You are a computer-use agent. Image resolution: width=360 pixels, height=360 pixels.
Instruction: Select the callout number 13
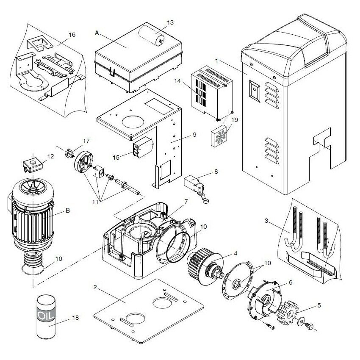pyautogui.click(x=170, y=22)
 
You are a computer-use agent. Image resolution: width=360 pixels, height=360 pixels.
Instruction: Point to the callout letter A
pyautogui.click(x=97, y=33)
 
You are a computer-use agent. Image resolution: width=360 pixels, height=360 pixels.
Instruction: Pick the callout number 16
pyautogui.click(x=72, y=35)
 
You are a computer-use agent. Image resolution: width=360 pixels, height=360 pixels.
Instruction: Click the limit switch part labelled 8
pyautogui.click(x=195, y=183)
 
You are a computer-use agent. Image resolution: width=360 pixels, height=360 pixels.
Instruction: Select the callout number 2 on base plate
pyautogui.click(x=95, y=288)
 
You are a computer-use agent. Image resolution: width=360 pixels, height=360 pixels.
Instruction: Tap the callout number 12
pyautogui.click(x=50, y=156)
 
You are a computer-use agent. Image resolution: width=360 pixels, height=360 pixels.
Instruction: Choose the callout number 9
pyautogui.click(x=194, y=135)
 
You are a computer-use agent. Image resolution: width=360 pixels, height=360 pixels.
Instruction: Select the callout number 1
pyautogui.click(x=216, y=60)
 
